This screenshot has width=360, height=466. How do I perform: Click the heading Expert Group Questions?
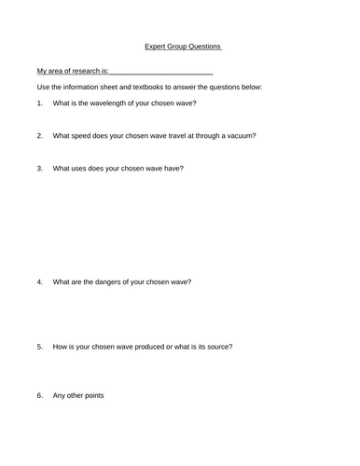[184, 45]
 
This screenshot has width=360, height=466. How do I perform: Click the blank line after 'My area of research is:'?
[162, 71]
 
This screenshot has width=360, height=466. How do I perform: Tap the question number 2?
[39, 135]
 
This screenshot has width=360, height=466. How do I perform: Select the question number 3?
[39, 168]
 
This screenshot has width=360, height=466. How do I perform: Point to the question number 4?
[39, 281]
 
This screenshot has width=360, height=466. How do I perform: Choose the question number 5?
[39, 347]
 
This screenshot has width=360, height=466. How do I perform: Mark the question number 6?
[39, 395]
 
